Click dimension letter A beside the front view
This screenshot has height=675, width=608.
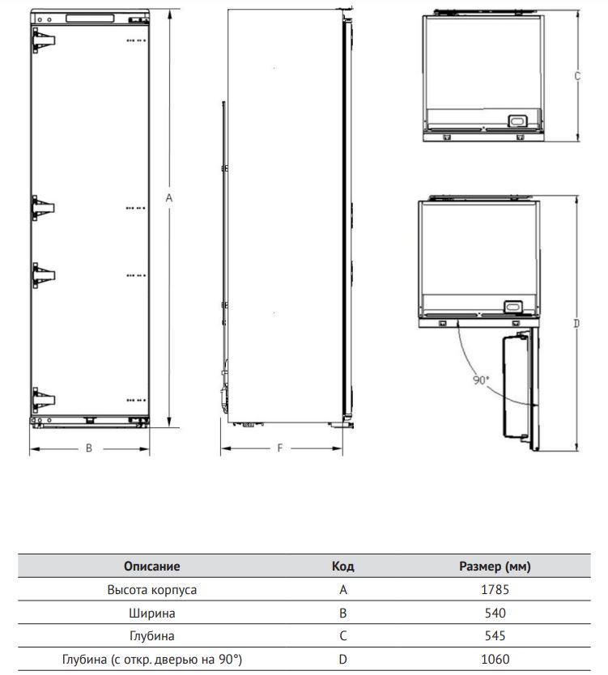(x=168, y=198)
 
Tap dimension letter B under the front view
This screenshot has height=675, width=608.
(x=89, y=448)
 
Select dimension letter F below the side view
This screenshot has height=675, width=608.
(x=280, y=448)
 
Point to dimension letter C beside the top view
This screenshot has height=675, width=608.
(x=577, y=76)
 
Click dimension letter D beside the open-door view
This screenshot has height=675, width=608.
(x=576, y=323)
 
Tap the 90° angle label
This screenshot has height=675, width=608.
(x=481, y=380)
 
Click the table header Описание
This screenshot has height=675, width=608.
(x=151, y=566)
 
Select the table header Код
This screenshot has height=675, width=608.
(x=342, y=566)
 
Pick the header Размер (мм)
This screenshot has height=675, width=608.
(x=495, y=566)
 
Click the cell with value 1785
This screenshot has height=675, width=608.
(x=495, y=589)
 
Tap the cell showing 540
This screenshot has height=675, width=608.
(x=495, y=613)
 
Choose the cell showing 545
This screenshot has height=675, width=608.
(x=495, y=636)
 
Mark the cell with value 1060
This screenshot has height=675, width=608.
(x=495, y=659)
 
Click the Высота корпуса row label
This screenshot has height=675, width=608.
(x=151, y=590)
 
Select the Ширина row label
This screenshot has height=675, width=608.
(x=151, y=613)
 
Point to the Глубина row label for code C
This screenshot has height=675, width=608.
(x=151, y=636)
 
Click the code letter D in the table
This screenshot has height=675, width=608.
(x=342, y=659)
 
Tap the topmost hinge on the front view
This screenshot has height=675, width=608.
(x=44, y=40)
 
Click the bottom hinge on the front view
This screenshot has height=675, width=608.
(x=44, y=400)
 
